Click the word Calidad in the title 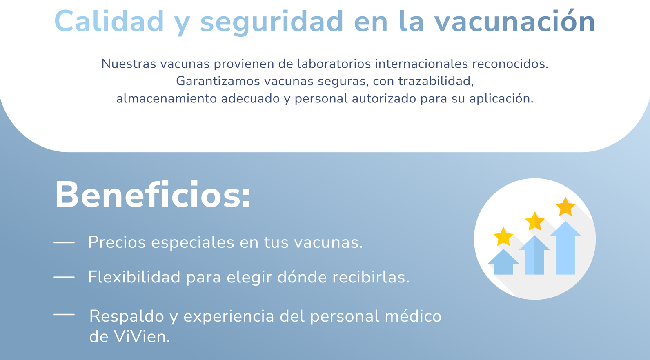pyautogui.click(x=109, y=21)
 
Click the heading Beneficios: pyautogui.click(x=153, y=194)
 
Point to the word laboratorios pyautogui.click(x=334, y=64)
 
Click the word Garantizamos pyautogui.click(x=218, y=81)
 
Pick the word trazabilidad pyautogui.click(x=436, y=82)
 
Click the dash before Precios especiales pyautogui.click(x=64, y=242)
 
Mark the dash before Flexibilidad pyautogui.click(x=64, y=277)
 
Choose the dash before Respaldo pyautogui.click(x=64, y=314)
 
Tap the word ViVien pyautogui.click(x=141, y=337)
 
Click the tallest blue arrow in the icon pyautogui.click(x=565, y=248)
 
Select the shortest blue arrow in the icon pyautogui.click(x=503, y=262)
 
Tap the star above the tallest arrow pyautogui.click(x=565, y=207)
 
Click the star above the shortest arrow pyautogui.click(x=503, y=237)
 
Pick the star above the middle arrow pyautogui.click(x=535, y=221)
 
